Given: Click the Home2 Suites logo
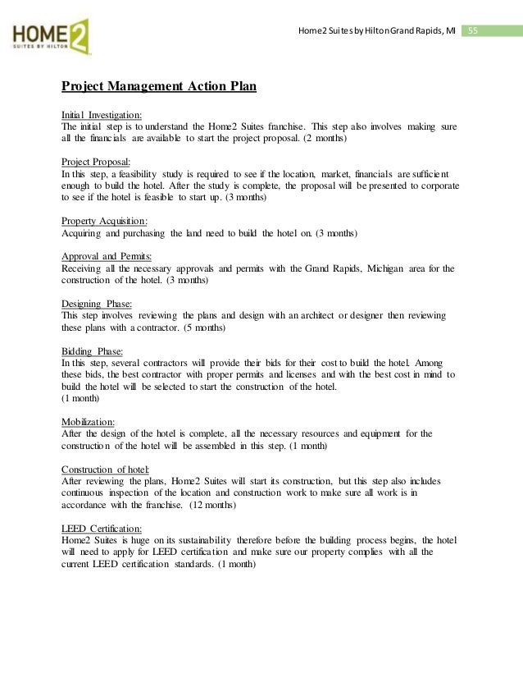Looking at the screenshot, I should click(x=50, y=36).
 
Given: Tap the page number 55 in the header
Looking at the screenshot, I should click(x=473, y=31).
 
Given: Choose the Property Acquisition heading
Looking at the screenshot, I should click(x=105, y=221).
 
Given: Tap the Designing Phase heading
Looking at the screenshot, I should click(x=96, y=302).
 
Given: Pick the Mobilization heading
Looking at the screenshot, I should click(x=88, y=420).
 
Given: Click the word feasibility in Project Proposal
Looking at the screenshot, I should click(x=144, y=174).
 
